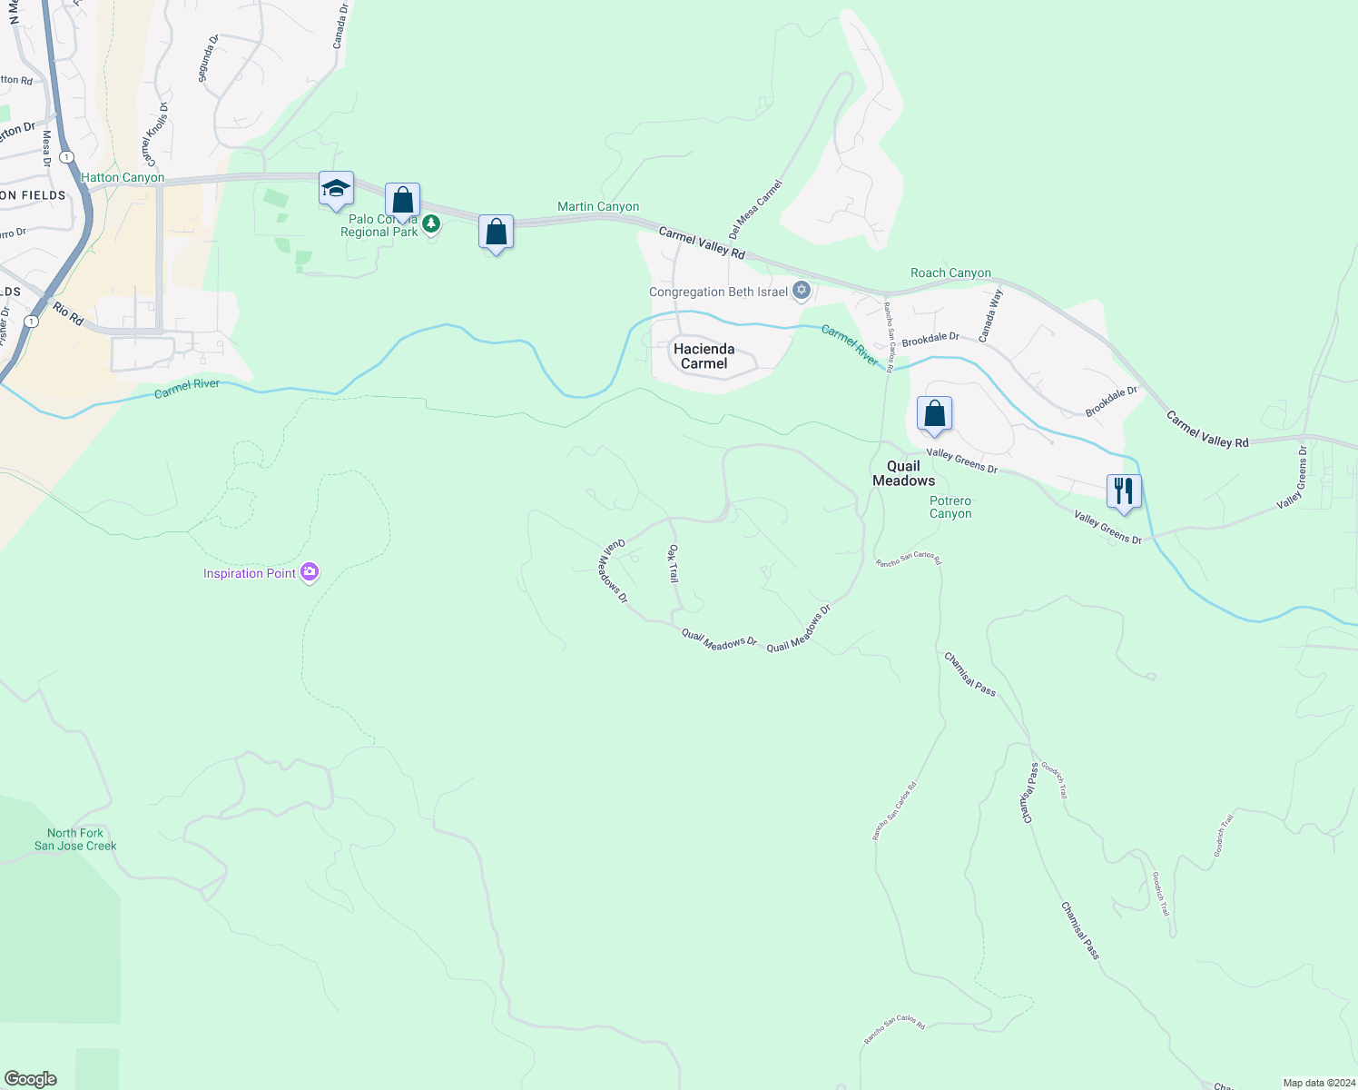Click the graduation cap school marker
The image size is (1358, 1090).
336,189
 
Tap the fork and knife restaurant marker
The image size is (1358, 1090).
1124,491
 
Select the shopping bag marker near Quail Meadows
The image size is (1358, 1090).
934,414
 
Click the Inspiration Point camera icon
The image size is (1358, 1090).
310,572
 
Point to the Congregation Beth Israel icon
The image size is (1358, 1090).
802,291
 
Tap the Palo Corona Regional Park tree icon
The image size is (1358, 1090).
432,223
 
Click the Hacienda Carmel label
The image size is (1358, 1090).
704,356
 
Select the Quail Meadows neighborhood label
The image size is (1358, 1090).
903,473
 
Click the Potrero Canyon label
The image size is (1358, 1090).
950,507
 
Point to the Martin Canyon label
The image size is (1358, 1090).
597,207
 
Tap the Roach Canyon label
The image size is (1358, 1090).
950,272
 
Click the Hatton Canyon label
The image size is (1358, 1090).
123,177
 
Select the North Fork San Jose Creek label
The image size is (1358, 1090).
75,839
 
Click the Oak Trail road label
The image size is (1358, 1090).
674,563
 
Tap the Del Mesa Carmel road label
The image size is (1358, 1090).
754,209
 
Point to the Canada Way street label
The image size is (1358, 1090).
990,315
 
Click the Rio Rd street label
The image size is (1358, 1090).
68,314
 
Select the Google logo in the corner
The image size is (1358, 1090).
31,1079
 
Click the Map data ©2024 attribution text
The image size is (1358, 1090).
1317,1083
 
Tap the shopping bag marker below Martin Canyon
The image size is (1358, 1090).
496,233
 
